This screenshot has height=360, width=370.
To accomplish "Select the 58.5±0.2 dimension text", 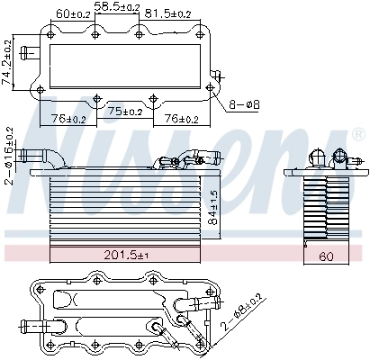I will (119, 6).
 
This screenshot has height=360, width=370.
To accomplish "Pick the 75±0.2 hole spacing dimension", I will (125, 112).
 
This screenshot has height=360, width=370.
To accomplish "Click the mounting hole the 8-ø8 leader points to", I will (210, 87).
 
